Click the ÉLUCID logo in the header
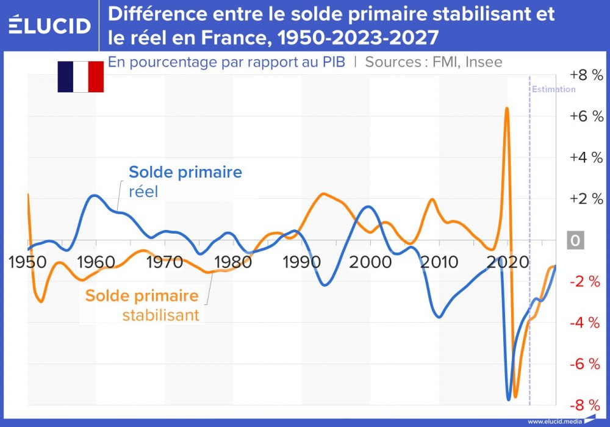pyautogui.click(x=50, y=26)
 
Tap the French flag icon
pyautogui.click(x=81, y=77)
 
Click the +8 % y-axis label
pyautogui.click(x=586, y=75)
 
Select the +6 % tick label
pyautogui.click(x=586, y=117)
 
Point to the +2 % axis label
pyautogui.click(x=586, y=199)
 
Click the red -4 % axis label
pyautogui.click(x=586, y=323)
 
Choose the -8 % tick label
pyautogui.click(x=586, y=405)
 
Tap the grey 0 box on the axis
pyautogui.click(x=575, y=240)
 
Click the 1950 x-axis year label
pyautogui.click(x=28, y=263)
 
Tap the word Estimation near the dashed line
pyautogui.click(x=553, y=89)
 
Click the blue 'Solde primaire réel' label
pyautogui.click(x=185, y=181)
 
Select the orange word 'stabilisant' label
pyautogui.click(x=160, y=315)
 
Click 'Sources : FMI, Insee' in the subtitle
pyautogui.click(x=434, y=62)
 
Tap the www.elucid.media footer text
pyautogui.click(x=554, y=421)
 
